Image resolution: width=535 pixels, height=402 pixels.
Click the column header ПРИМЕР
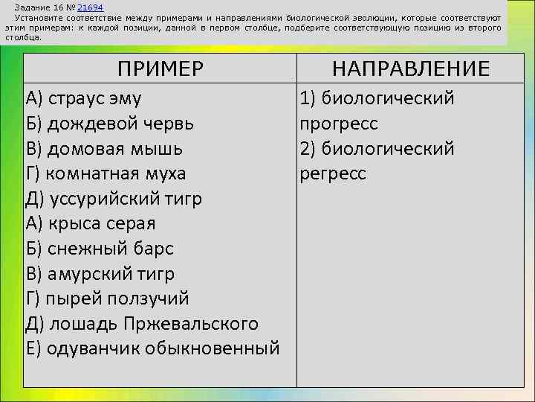pos(160,69)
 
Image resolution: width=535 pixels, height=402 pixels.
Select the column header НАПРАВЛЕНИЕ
pos(410,69)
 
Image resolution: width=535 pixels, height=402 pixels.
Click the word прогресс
pos(339,124)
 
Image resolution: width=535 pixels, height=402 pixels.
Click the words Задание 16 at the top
pos(36,6)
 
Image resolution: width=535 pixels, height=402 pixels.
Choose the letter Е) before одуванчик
pos(33,348)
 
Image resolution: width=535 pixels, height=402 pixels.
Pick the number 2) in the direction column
pos(310,149)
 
